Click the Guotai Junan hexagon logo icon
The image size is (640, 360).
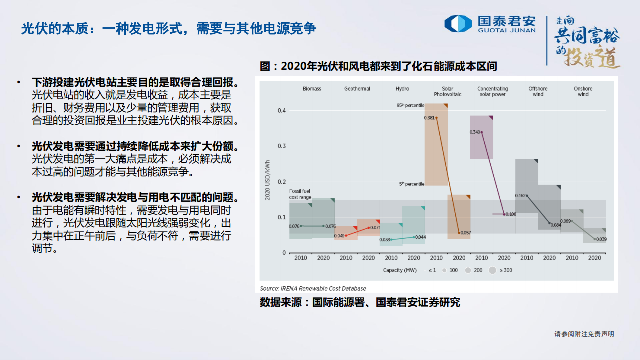(x=458, y=24)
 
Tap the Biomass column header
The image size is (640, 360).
(x=312, y=89)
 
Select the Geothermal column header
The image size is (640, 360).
(x=357, y=89)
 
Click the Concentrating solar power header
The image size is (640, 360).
(x=492, y=91)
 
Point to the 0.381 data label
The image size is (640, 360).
(x=429, y=118)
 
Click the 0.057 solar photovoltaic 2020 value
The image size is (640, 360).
(x=465, y=233)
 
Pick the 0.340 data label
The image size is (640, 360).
(x=475, y=132)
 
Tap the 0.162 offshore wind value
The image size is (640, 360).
(x=520, y=196)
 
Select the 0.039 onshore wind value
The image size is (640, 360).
(x=601, y=239)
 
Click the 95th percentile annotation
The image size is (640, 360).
(x=410, y=105)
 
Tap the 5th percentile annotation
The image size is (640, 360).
(x=411, y=184)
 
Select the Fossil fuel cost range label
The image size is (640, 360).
(x=300, y=194)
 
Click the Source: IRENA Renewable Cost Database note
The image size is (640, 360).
(x=313, y=288)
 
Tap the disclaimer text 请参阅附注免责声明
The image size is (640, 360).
(x=584, y=334)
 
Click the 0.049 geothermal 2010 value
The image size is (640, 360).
(x=339, y=236)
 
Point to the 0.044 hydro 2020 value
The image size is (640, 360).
(x=420, y=237)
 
